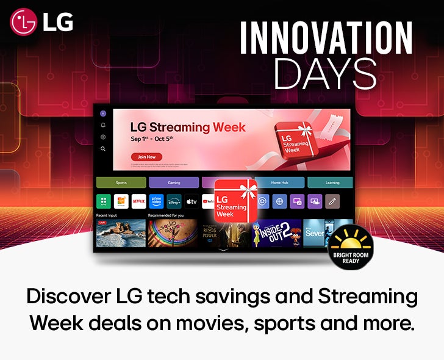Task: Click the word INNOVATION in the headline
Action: coord(326,38)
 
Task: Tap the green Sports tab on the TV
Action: coord(121,182)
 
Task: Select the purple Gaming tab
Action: coord(174,182)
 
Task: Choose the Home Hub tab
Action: coord(279,182)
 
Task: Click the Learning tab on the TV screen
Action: coord(332,182)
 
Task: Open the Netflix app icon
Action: coord(138,201)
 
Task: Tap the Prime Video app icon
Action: coord(156,201)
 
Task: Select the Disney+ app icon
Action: coord(174,201)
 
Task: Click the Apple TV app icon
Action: coord(192,201)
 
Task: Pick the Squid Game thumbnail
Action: coord(173,233)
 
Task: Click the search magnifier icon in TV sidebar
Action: coord(103,148)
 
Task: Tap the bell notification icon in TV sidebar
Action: coord(103,125)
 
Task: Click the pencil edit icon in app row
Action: coord(332,201)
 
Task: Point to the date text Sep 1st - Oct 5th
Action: coord(152,139)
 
